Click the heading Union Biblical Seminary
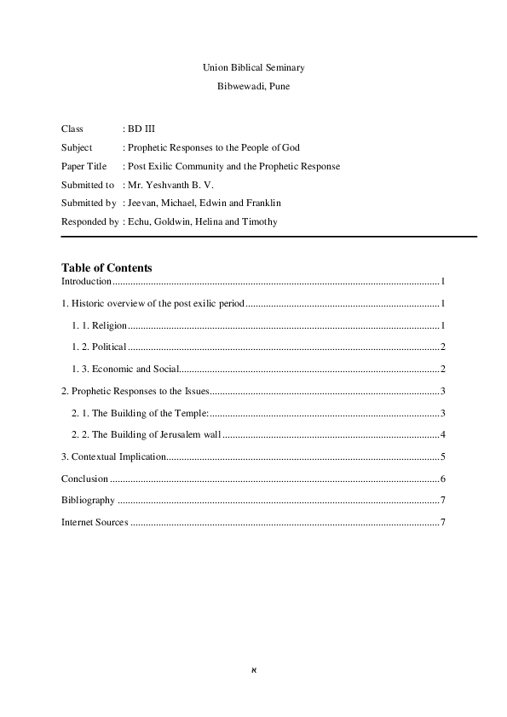coord(253,66)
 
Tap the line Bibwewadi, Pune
coord(253,87)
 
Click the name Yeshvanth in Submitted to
coord(168,185)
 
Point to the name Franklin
coord(262,204)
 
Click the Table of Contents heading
coord(107,267)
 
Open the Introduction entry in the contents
coord(86,281)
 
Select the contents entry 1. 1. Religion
coord(99,325)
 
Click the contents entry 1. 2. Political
coord(99,347)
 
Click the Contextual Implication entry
coord(113,457)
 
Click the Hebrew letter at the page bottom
coord(253,669)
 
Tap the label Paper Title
coord(84,166)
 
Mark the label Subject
coord(77,147)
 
